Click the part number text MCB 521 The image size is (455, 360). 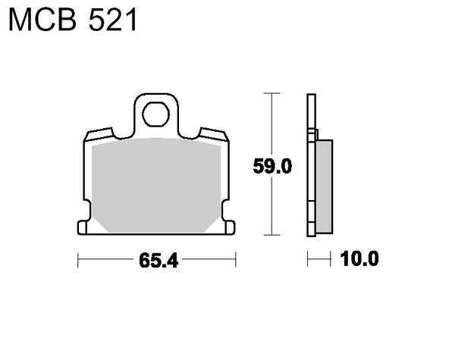pyautogui.click(x=73, y=20)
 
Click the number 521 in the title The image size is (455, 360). pyautogui.click(x=112, y=20)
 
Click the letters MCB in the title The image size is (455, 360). pyautogui.click(x=42, y=20)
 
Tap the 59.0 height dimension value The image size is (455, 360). pyautogui.click(x=272, y=166)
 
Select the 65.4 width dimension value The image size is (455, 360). pyautogui.click(x=158, y=260)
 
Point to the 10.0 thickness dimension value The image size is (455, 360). pyautogui.click(x=359, y=258)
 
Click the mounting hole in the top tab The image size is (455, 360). pyautogui.click(x=155, y=114)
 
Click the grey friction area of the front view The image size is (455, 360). pyautogui.click(x=156, y=185)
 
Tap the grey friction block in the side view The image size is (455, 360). pyautogui.click(x=324, y=186)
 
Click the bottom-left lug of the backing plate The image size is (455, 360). pyautogui.click(x=82, y=227)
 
